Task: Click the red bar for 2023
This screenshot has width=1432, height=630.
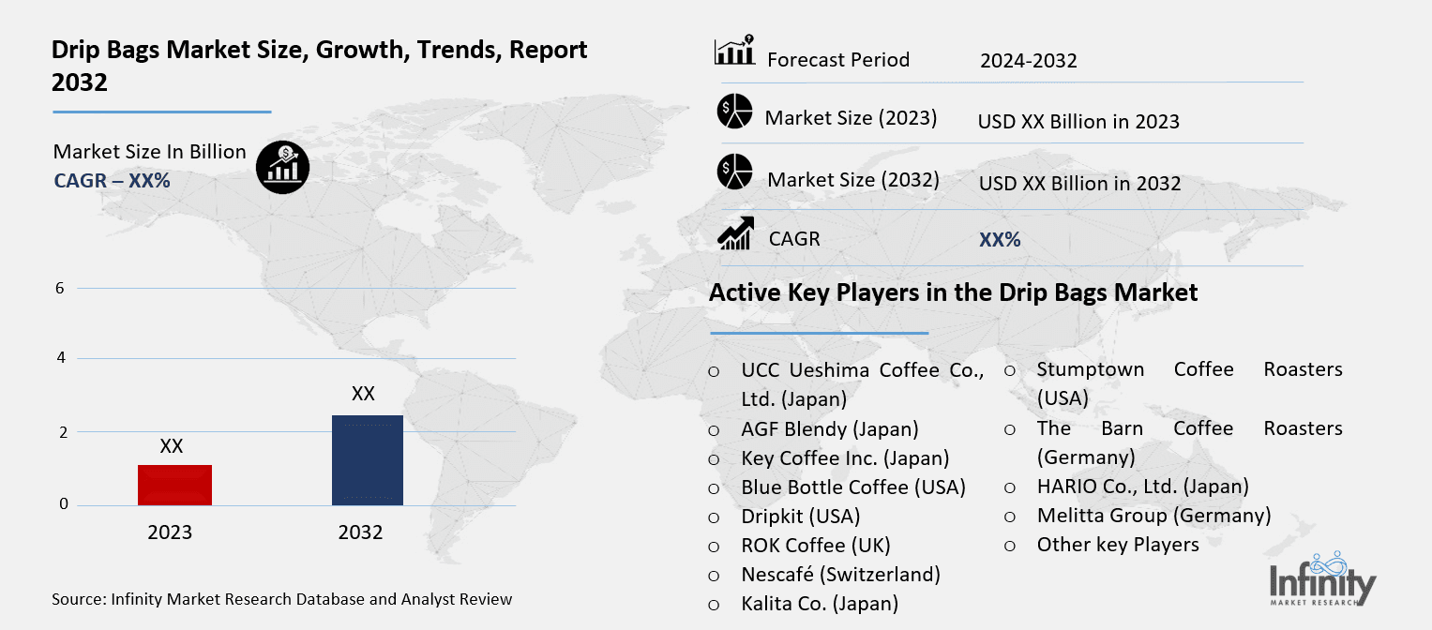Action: point(174,485)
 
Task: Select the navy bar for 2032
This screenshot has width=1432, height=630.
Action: point(367,459)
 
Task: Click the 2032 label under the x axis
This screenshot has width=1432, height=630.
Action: point(360,532)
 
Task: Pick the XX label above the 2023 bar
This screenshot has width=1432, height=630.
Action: point(171,446)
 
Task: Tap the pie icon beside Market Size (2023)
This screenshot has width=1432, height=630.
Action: point(734,112)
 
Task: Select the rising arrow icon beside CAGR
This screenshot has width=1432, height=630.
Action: point(734,233)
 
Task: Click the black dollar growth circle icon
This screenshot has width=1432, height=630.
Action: point(282,168)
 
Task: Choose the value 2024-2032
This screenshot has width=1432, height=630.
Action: point(1028,61)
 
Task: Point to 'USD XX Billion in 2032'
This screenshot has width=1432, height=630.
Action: point(1079,184)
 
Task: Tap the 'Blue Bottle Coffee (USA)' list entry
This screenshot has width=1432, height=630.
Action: point(852,487)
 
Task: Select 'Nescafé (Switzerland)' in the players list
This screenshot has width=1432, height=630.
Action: point(840,574)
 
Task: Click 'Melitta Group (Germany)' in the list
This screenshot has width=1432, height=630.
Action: point(1153,516)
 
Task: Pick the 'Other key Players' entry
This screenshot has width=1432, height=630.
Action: point(1118,545)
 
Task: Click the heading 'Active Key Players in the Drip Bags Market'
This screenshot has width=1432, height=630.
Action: point(953,292)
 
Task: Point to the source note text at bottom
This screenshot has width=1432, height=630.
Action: point(282,598)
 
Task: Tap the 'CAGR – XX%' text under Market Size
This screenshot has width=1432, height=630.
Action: point(112,181)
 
